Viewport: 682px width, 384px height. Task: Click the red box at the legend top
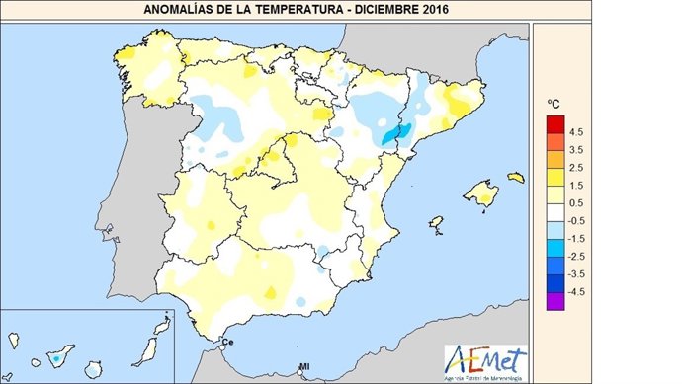coord(554,121)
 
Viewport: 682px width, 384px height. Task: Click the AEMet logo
coord(485,357)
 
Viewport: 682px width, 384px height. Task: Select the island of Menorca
coord(515,178)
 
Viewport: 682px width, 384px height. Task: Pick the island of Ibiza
coord(435,225)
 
